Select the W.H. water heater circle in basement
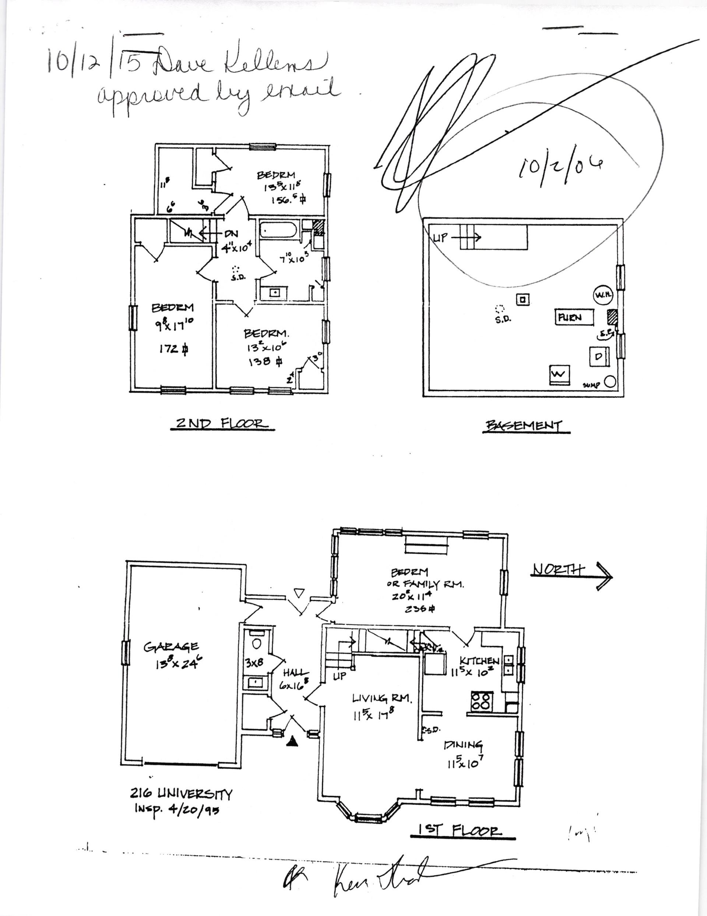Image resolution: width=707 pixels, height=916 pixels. (603, 296)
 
